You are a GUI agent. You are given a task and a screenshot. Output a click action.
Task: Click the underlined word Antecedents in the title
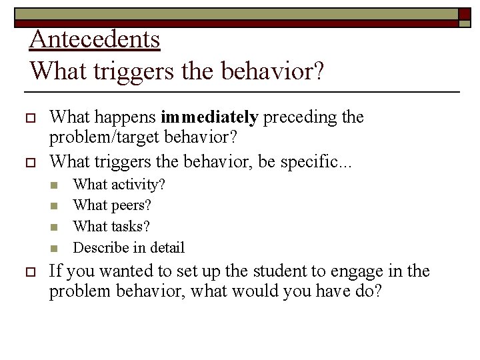[x=95, y=39]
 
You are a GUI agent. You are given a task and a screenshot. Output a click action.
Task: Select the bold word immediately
[x=209, y=118]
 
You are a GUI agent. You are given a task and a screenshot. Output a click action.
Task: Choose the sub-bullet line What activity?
[x=119, y=184]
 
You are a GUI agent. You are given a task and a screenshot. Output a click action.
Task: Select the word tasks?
[x=131, y=227]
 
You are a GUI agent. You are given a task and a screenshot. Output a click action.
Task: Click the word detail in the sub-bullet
[x=166, y=248]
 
